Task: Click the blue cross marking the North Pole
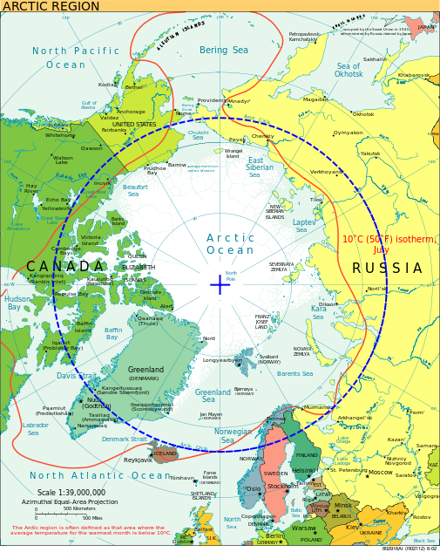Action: tap(220, 284)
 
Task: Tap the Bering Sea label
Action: tap(224, 51)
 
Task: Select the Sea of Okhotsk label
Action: tap(349, 71)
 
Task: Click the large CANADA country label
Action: tap(65, 266)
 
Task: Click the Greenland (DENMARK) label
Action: tap(145, 373)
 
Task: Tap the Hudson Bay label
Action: tap(18, 303)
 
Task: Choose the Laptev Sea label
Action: tap(304, 227)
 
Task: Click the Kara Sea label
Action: tap(319, 312)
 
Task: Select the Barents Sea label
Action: tap(294, 373)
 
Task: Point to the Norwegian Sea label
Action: tap(233, 435)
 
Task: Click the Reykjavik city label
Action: tap(138, 460)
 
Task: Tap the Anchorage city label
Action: tap(131, 112)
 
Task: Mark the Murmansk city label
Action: tap(317, 407)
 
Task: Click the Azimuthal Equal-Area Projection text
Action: tap(70, 501)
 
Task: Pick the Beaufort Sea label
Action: tap(135, 190)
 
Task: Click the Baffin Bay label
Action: tap(113, 333)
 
